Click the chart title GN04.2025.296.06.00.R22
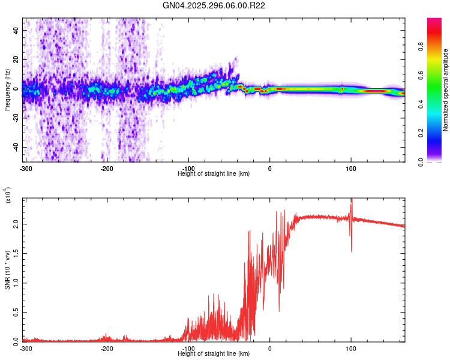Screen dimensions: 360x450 click(214, 5)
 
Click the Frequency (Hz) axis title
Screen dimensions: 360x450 click(7, 90)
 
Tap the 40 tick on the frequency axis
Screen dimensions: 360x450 click(17, 30)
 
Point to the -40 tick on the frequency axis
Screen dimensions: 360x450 click(17, 148)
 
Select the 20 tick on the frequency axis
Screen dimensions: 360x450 click(17, 59)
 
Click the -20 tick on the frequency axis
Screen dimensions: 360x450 click(17, 118)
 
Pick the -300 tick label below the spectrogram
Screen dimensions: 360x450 click(26, 168)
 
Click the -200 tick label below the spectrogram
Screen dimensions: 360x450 click(107, 168)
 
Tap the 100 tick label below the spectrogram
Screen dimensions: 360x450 click(351, 168)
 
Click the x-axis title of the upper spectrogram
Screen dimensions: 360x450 click(214, 174)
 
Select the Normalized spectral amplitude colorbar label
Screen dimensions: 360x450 click(446, 90)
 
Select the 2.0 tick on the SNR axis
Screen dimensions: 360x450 click(17, 224)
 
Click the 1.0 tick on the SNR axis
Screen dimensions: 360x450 click(17, 282)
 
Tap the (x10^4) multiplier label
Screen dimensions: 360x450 click(8, 196)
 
